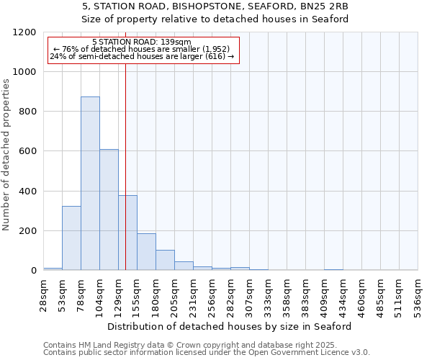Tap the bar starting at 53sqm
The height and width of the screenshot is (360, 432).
[71, 238]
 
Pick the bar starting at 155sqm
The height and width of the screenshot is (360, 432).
[146, 251]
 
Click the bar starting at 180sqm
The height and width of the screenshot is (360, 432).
[165, 260]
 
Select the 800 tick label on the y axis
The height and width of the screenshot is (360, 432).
[27, 112]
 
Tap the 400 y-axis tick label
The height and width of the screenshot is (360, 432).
[27, 192]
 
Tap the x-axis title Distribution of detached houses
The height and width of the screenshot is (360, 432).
[230, 326]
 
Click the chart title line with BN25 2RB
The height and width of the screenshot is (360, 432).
[215, 6]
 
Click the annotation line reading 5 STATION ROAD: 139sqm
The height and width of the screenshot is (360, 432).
[142, 42]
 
